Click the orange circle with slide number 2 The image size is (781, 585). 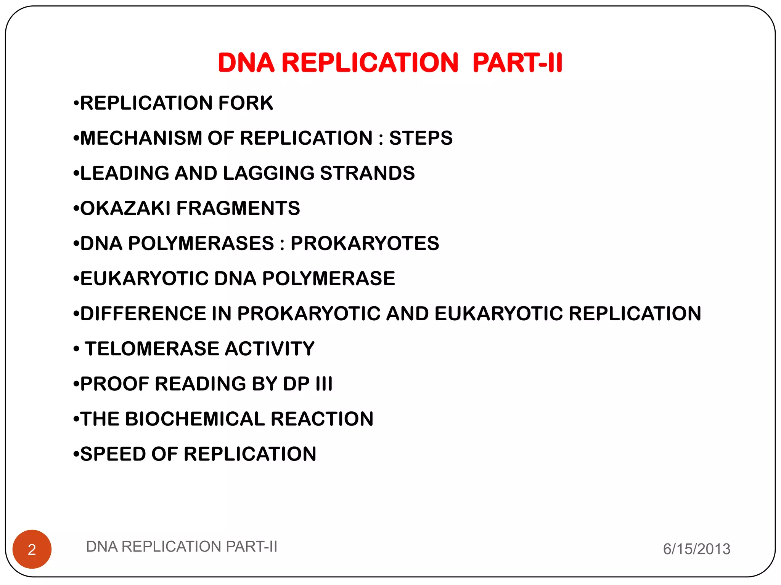click(32, 549)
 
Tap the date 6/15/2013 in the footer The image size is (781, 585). click(696, 549)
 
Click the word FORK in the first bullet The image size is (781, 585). click(246, 103)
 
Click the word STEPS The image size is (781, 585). click(421, 138)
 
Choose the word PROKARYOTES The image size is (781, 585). click(365, 243)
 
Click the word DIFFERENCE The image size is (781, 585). click(143, 313)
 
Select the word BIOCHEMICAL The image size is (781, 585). click(195, 419)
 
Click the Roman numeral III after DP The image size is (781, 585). click(324, 384)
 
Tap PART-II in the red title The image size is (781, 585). click(517, 62)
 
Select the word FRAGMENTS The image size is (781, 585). click(238, 208)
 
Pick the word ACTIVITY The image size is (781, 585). click(270, 348)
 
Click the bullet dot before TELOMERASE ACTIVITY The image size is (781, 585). click(77, 349)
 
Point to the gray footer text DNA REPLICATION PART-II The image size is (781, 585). click(182, 547)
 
